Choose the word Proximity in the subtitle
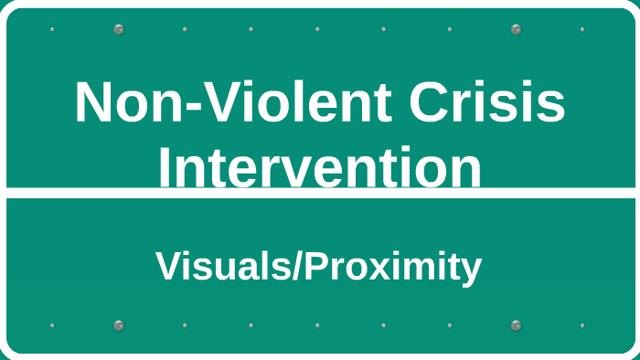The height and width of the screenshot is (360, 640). [x=393, y=267]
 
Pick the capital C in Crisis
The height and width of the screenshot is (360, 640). [x=428, y=102]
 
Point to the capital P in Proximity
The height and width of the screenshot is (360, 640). [x=315, y=267]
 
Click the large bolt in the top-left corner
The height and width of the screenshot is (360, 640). [x=118, y=29]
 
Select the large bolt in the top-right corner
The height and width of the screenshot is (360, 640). [x=516, y=29]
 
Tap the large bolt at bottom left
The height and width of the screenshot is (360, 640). [x=118, y=325]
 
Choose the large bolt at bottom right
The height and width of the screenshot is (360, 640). [x=516, y=325]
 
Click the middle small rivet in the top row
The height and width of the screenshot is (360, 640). [x=317, y=29]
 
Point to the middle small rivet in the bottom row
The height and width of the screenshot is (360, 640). [x=317, y=325]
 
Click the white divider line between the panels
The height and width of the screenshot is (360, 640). [x=320, y=193]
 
